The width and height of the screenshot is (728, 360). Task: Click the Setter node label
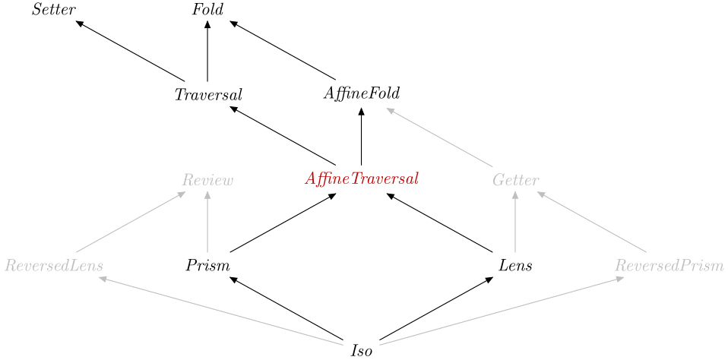point(53,10)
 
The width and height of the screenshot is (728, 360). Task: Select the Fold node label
point(208,10)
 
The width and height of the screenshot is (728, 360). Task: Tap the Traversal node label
point(208,95)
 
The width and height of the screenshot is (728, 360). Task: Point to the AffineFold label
point(362,94)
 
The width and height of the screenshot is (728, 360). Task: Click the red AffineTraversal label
point(362,179)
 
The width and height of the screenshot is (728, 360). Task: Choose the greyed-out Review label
point(207,180)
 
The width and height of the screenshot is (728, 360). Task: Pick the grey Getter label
point(516,180)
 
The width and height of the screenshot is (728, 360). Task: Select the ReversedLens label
point(54,266)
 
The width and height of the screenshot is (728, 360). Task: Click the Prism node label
point(208,266)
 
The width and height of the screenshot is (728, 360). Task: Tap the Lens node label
point(515,266)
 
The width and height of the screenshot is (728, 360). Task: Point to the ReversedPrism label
point(669,266)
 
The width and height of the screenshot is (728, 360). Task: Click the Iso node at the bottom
point(362,351)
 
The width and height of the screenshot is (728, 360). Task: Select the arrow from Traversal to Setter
point(131,51)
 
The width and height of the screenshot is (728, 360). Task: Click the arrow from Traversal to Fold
point(207,51)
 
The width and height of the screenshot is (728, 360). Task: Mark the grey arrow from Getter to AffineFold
point(439,137)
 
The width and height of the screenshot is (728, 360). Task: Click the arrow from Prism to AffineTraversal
point(283,223)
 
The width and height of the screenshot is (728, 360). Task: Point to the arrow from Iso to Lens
point(436,308)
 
